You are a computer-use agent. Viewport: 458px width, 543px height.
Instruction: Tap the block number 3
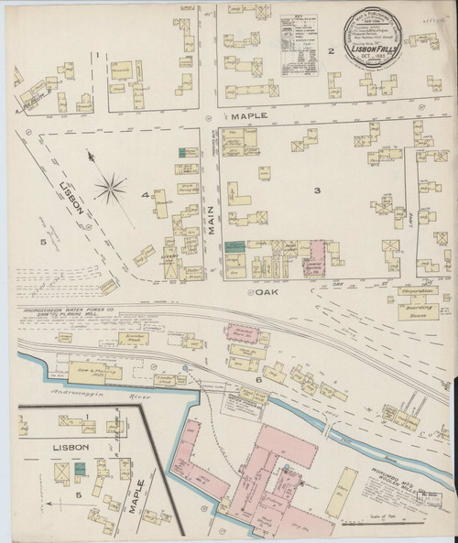[x=316, y=190]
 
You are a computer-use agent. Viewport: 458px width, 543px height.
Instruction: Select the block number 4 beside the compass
[x=144, y=195]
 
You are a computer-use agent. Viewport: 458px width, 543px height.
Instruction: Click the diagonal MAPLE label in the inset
[x=137, y=497]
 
